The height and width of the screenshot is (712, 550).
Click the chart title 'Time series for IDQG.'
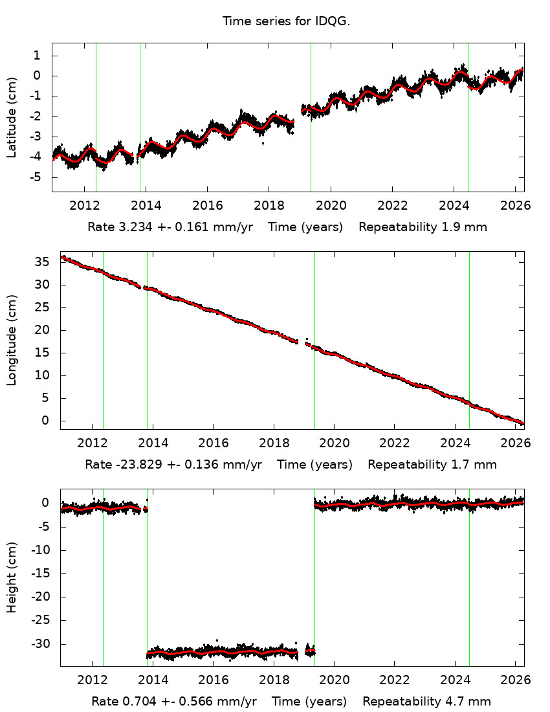pos(286,21)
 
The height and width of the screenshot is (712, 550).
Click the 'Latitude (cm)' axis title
pos(12,117)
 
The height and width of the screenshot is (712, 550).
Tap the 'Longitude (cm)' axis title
pos(12,340)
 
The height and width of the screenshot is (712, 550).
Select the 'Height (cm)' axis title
pos(12,576)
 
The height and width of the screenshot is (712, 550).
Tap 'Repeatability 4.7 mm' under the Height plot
pos(426,702)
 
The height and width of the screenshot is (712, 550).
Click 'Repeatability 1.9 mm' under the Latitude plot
pos(423,227)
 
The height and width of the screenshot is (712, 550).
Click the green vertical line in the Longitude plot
pos(314,340)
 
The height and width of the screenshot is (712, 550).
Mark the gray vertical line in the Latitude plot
pos(468,117)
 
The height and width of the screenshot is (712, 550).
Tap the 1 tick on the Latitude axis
pos(38,56)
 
